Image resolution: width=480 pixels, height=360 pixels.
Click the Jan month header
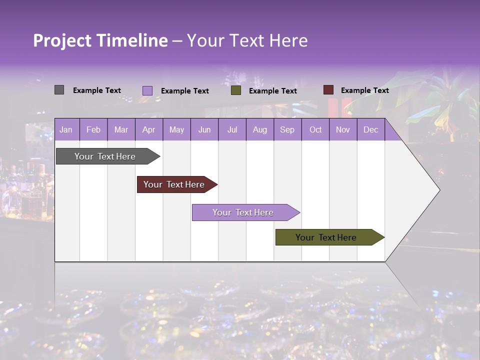point(66,129)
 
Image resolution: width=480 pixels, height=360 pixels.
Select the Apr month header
point(148,129)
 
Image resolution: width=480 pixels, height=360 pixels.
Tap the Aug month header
point(259,129)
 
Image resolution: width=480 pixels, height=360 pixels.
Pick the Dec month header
point(370,129)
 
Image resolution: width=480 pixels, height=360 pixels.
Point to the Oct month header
point(315,129)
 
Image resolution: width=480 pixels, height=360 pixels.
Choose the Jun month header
point(204,129)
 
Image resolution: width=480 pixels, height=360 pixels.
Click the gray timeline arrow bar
point(105,156)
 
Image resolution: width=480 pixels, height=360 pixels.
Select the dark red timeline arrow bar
point(174,184)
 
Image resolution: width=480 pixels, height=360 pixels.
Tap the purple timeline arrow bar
point(243,212)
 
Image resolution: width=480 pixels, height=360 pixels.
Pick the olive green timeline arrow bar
point(326,237)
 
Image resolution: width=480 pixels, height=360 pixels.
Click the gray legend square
point(59,90)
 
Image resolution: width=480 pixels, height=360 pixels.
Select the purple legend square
point(147,90)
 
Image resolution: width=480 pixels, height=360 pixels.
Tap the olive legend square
point(236,90)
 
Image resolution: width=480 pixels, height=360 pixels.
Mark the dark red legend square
point(328,90)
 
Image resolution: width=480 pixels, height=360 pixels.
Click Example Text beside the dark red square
point(364,90)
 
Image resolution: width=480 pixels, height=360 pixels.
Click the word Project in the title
point(62,41)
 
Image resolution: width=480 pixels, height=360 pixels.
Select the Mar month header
point(121,129)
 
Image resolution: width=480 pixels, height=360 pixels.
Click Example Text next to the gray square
point(96,90)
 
